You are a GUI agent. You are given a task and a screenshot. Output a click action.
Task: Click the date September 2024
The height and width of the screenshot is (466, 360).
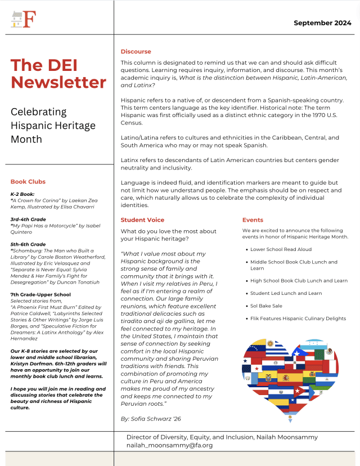(x=322, y=23)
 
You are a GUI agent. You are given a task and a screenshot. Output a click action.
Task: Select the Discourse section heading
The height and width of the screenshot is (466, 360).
(x=136, y=52)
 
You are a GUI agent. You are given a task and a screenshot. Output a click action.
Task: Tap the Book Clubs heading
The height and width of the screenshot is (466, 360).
(x=28, y=182)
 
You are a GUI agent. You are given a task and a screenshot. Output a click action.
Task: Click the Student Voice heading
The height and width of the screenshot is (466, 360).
(x=143, y=220)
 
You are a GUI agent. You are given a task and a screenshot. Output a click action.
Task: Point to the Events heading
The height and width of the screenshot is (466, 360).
(x=253, y=220)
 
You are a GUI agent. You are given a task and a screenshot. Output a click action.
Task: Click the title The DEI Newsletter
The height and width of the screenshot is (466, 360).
(x=58, y=74)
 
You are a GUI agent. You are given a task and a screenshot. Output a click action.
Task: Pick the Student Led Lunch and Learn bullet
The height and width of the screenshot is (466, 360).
(x=286, y=293)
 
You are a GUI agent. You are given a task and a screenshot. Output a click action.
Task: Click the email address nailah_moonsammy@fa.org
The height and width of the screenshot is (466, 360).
(x=170, y=445)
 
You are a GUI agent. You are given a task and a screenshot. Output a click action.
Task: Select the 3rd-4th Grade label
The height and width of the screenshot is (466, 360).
(x=28, y=219)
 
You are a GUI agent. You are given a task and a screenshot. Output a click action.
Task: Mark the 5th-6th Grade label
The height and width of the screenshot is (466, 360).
(x=28, y=244)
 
